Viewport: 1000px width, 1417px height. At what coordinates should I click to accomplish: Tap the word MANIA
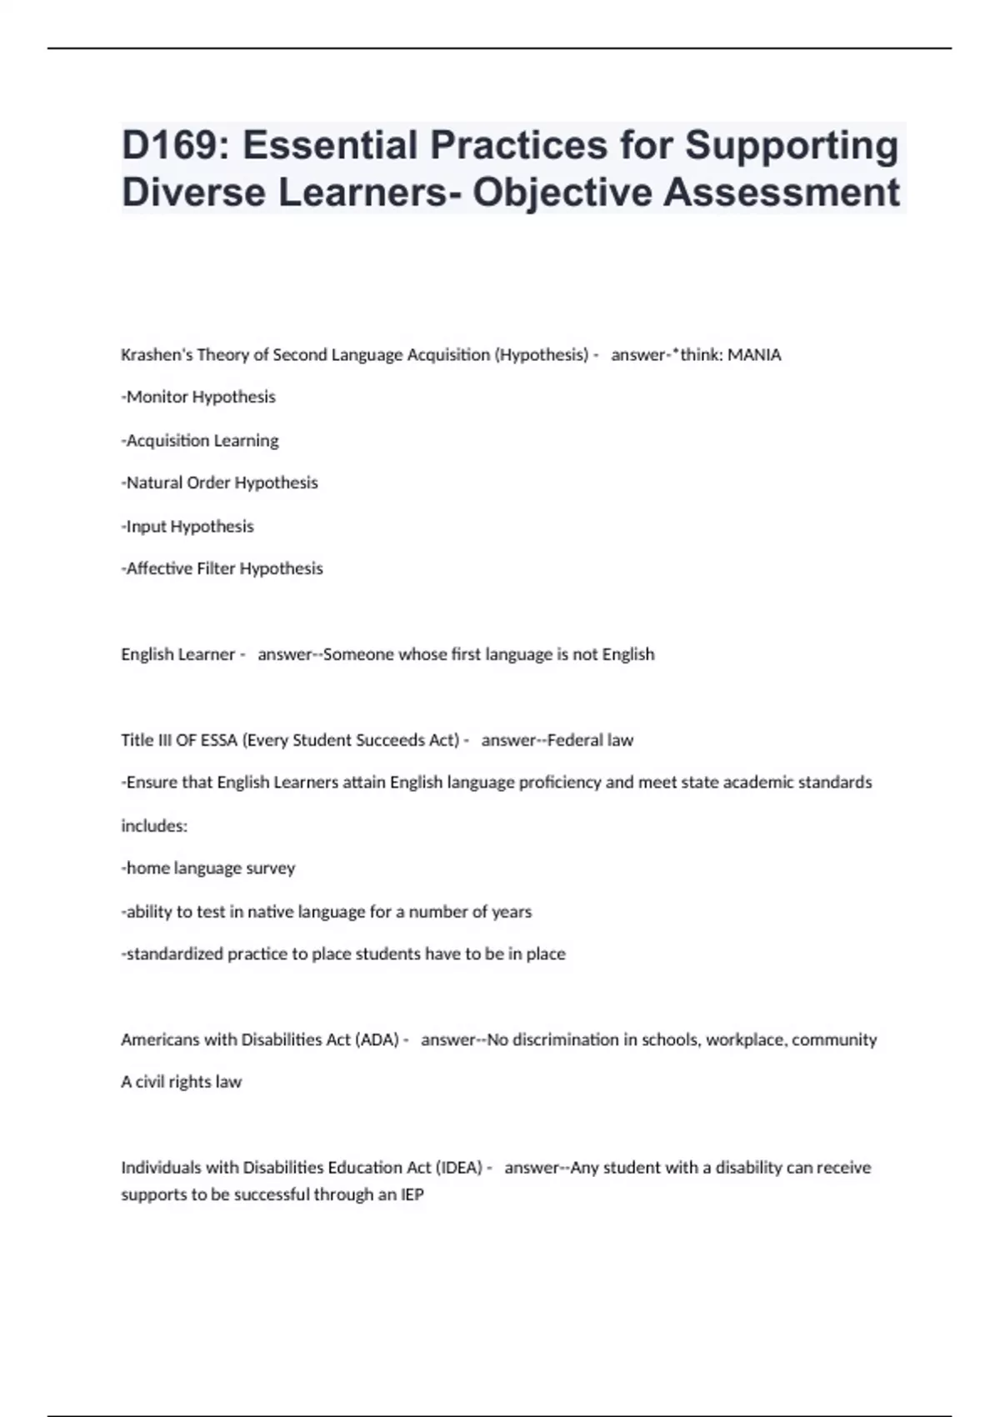pos(754,355)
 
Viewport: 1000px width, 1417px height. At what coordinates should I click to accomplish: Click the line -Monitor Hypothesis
pos(198,398)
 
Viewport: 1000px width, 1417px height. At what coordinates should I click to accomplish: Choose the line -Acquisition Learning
pos(200,440)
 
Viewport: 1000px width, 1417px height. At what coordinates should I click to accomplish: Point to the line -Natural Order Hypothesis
pos(219,483)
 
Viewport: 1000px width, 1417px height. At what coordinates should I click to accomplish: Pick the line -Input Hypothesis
pos(187,527)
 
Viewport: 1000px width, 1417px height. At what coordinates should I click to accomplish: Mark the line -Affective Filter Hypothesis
pos(222,569)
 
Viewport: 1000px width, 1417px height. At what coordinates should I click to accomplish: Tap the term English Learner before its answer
pos(177,655)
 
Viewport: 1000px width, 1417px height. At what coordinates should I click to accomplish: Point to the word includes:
pos(154,826)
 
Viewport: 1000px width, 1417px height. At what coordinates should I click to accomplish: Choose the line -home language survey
pos(208,869)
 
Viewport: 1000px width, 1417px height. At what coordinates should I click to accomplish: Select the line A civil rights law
pos(181,1083)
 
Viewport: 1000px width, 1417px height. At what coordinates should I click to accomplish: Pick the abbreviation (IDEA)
pos(458,1168)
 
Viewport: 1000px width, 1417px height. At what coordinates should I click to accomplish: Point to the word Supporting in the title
pos(792,146)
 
